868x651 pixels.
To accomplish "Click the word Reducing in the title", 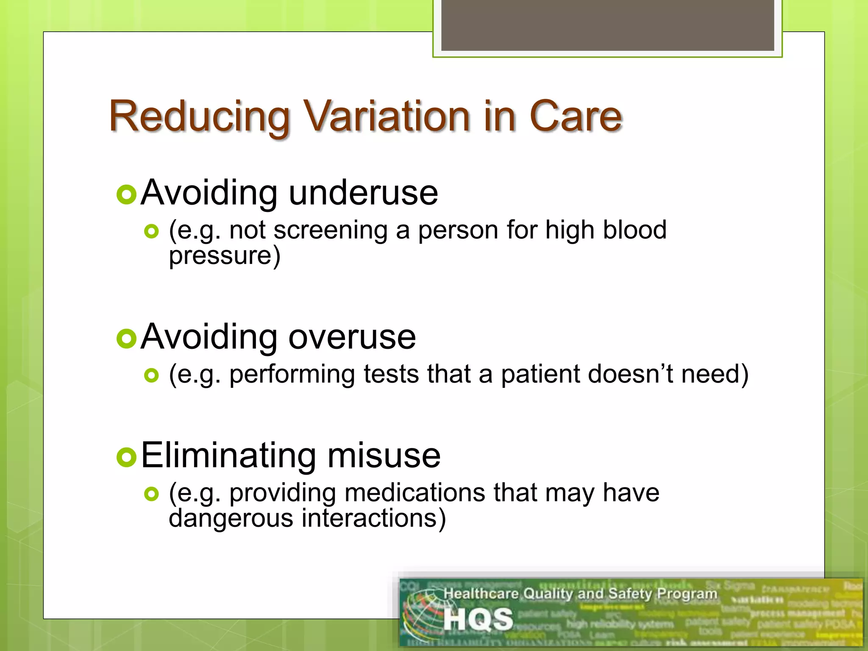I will pyautogui.click(x=199, y=117).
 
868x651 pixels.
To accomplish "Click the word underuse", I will pyautogui.click(x=363, y=193).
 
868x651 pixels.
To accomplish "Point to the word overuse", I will pyautogui.click(x=352, y=337).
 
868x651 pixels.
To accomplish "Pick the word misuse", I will pyautogui.click(x=384, y=456).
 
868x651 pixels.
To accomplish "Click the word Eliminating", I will pyautogui.click(x=228, y=456).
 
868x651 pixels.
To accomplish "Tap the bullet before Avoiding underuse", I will pyautogui.click(x=126, y=195).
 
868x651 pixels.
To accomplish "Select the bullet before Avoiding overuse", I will pyautogui.click(x=126, y=339).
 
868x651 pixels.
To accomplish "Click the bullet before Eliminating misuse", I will pyautogui.click(x=126, y=457).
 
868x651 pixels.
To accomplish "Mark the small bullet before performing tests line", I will pyautogui.click(x=151, y=375).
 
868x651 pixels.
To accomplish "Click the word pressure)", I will pyautogui.click(x=225, y=256).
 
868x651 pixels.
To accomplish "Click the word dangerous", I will pyautogui.click(x=231, y=518).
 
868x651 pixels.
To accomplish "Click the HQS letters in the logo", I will pyautogui.click(x=478, y=620).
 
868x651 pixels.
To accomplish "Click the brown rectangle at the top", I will pyautogui.click(x=607, y=25).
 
